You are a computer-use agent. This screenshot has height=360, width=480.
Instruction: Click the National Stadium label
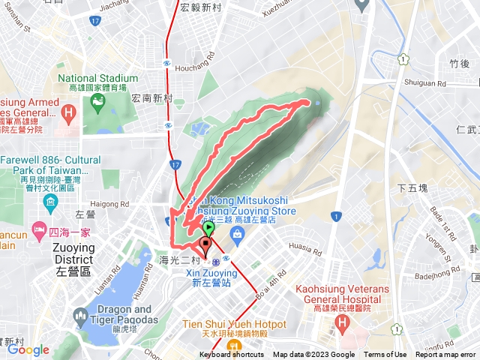coord(97,78)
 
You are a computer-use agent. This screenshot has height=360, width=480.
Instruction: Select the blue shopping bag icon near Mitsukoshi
coord(236,233)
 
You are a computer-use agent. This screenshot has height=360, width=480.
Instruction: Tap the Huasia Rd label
coord(304,244)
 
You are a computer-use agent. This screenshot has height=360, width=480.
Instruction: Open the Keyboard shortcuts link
coord(232,355)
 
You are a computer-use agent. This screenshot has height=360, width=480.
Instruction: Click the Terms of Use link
coord(385,355)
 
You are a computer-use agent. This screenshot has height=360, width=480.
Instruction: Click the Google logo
coord(28,349)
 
